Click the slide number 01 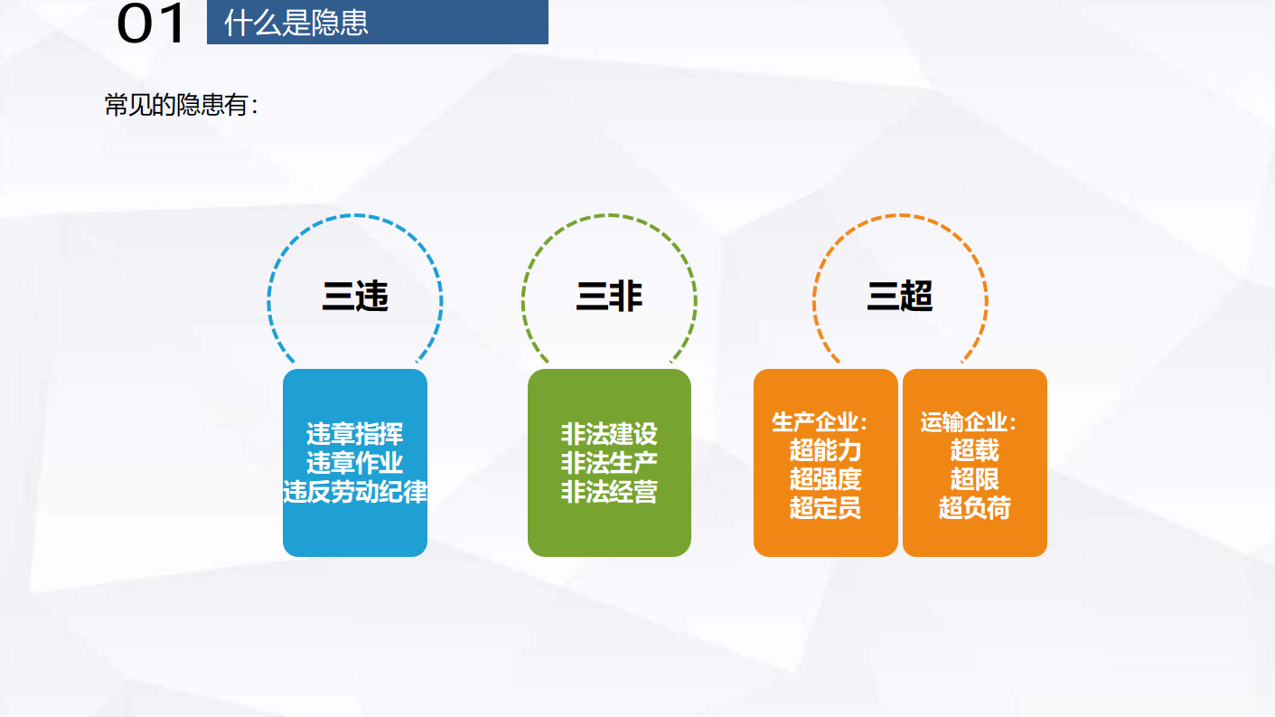point(151,24)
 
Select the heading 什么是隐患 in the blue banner point(296,24)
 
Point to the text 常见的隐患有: point(182,106)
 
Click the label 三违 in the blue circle point(355,297)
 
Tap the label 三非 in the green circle point(609,297)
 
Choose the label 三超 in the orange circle point(900,297)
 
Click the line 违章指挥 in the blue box point(354,434)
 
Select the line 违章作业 point(354,462)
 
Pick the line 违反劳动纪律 point(355,492)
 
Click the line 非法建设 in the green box point(609,434)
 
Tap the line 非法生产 point(609,462)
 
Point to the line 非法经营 point(609,492)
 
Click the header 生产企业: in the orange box point(819,422)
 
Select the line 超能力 point(825,450)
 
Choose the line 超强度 point(825,479)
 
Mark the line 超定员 point(825,507)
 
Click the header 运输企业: point(968,422)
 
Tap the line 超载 point(974,450)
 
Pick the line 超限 point(974,479)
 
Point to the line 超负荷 point(974,507)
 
